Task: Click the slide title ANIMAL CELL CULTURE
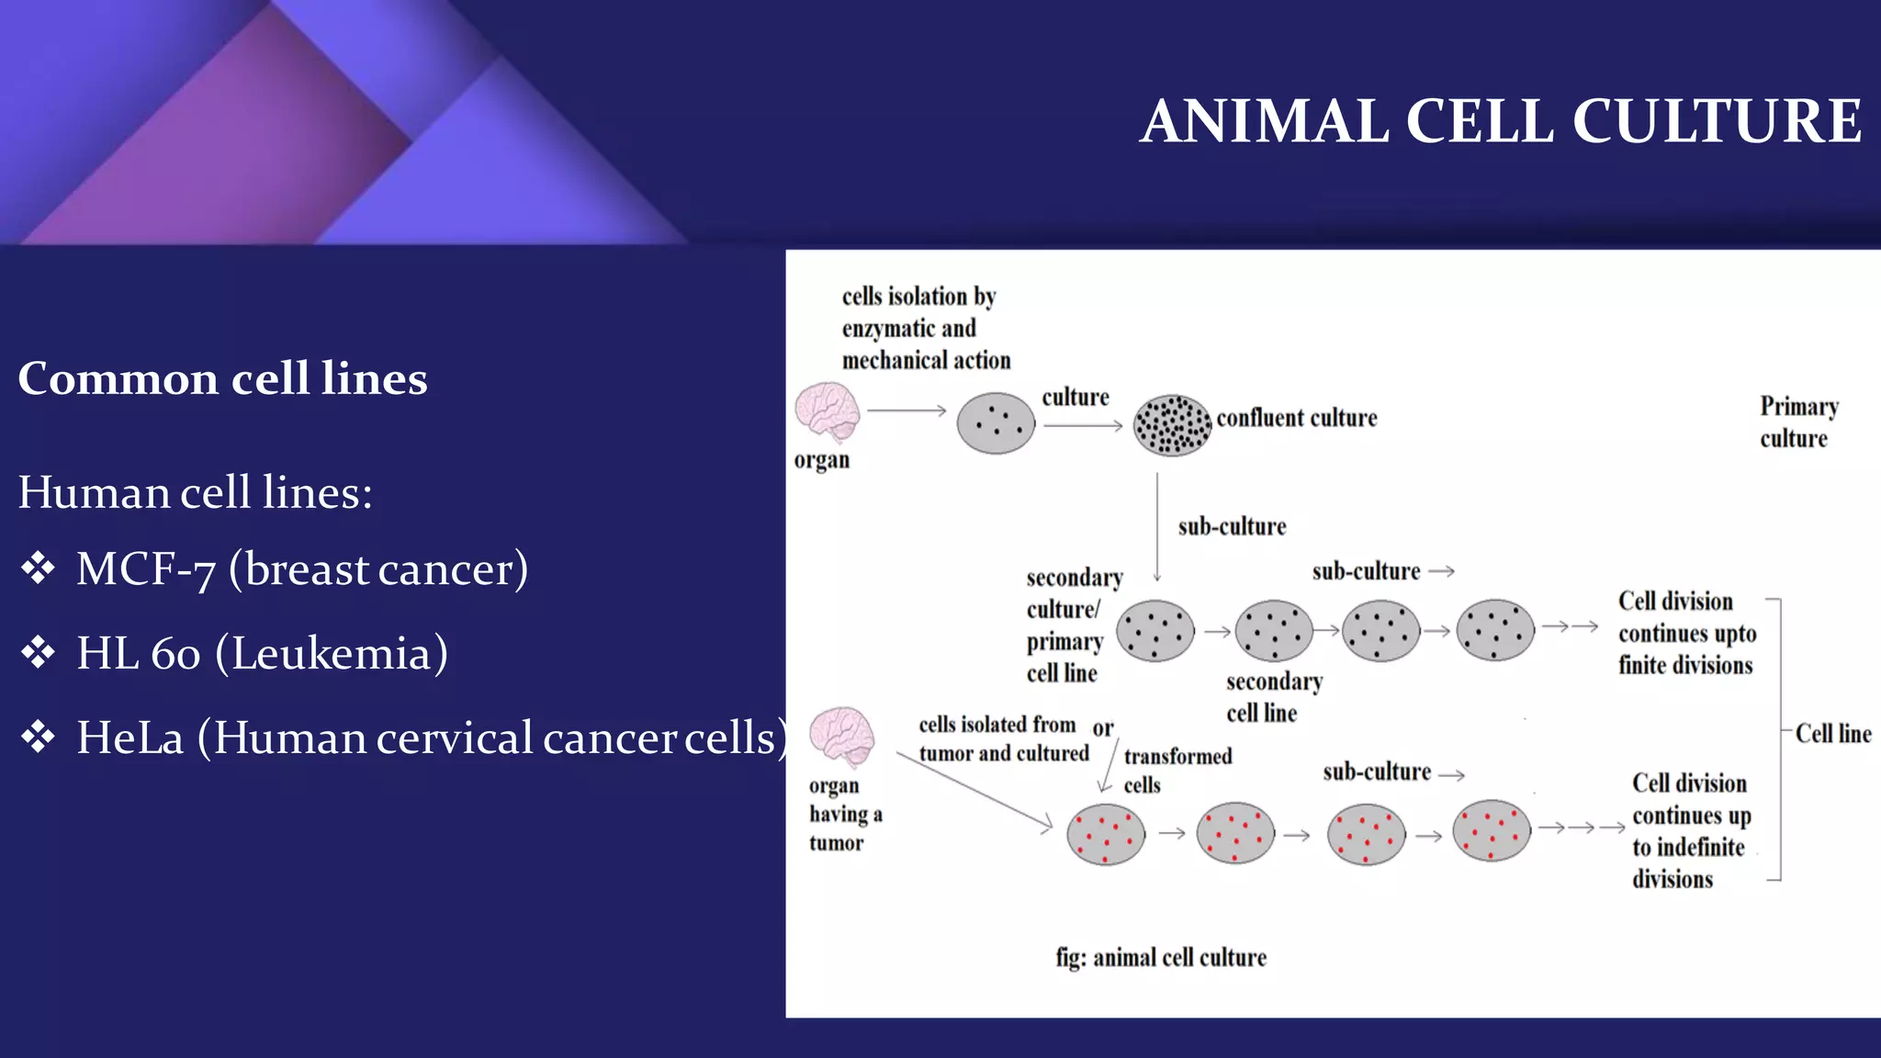coord(1501,121)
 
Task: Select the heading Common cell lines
coord(222,378)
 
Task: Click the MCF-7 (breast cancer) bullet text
coord(302,568)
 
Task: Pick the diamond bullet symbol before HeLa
coord(39,737)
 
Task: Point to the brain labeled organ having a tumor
coord(841,736)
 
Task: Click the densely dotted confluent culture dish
coord(1172,425)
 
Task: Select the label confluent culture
coord(1296,418)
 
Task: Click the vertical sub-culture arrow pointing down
coord(1157,528)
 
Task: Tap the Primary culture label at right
coord(1797,422)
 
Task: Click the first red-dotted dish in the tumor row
coord(1106,834)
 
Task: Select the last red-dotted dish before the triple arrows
coord(1492,830)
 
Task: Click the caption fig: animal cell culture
coord(1161,957)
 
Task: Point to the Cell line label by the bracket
coord(1832,734)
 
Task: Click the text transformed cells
coord(1177,770)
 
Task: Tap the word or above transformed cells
coord(1102,728)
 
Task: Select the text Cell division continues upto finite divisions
coord(1686,633)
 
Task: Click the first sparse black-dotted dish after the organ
coord(996,423)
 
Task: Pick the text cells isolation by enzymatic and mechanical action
coord(925,328)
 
